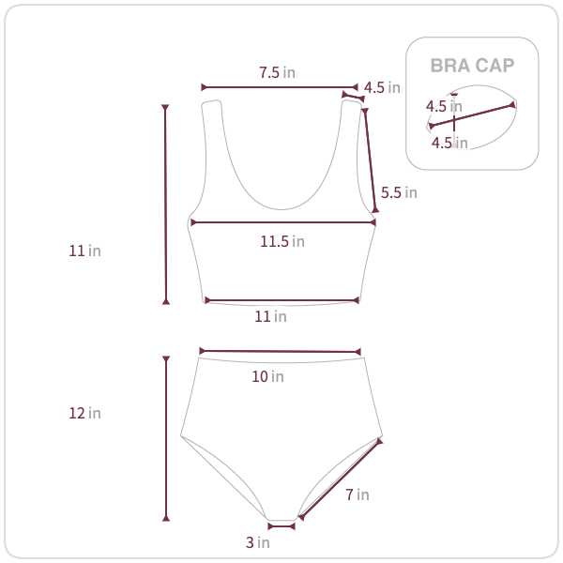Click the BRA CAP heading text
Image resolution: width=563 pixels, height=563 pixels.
coord(472,66)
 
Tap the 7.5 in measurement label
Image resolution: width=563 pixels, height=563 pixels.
coord(277,72)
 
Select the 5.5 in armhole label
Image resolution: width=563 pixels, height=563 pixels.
coord(399,192)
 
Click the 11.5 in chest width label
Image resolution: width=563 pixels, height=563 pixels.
coord(282,241)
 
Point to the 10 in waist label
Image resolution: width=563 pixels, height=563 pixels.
coord(267,376)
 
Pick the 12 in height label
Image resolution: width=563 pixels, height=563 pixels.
coord(84,413)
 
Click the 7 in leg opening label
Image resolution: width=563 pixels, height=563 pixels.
coord(358,495)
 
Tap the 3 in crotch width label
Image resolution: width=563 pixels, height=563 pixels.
coord(257,542)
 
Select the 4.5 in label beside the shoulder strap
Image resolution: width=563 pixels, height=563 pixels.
coord(382,87)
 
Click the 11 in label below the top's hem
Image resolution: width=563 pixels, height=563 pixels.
coord(271,317)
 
